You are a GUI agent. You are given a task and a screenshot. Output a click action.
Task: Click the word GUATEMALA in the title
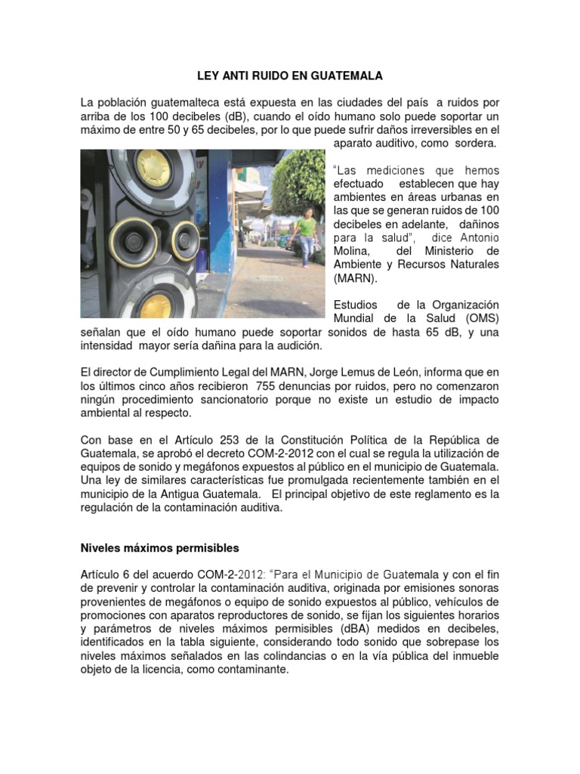tap(343, 76)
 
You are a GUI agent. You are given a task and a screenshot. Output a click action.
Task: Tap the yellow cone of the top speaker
tap(154, 166)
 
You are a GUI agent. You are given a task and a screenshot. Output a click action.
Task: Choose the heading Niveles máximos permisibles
tap(159, 547)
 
